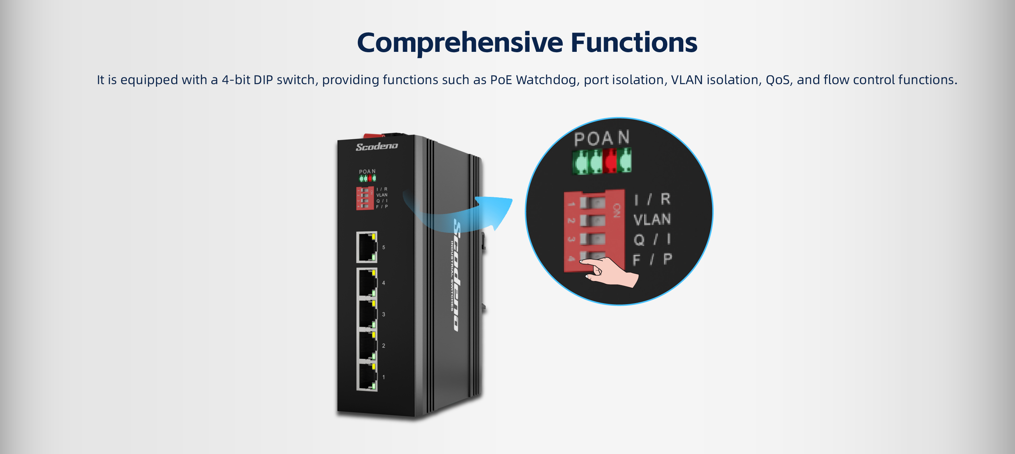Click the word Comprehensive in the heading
(x=459, y=42)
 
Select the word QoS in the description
(x=779, y=80)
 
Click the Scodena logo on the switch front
(x=377, y=146)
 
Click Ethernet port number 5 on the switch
(x=366, y=247)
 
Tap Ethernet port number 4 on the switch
(x=366, y=282)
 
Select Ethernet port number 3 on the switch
(x=366, y=314)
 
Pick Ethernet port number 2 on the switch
(x=366, y=346)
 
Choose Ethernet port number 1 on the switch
(x=366, y=377)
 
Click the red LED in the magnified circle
(x=610, y=161)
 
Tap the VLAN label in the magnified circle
(x=652, y=219)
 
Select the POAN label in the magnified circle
(x=601, y=138)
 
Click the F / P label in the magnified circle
(x=652, y=260)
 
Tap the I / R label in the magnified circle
(x=652, y=199)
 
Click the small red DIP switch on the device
(x=364, y=198)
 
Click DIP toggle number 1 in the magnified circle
(x=592, y=203)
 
